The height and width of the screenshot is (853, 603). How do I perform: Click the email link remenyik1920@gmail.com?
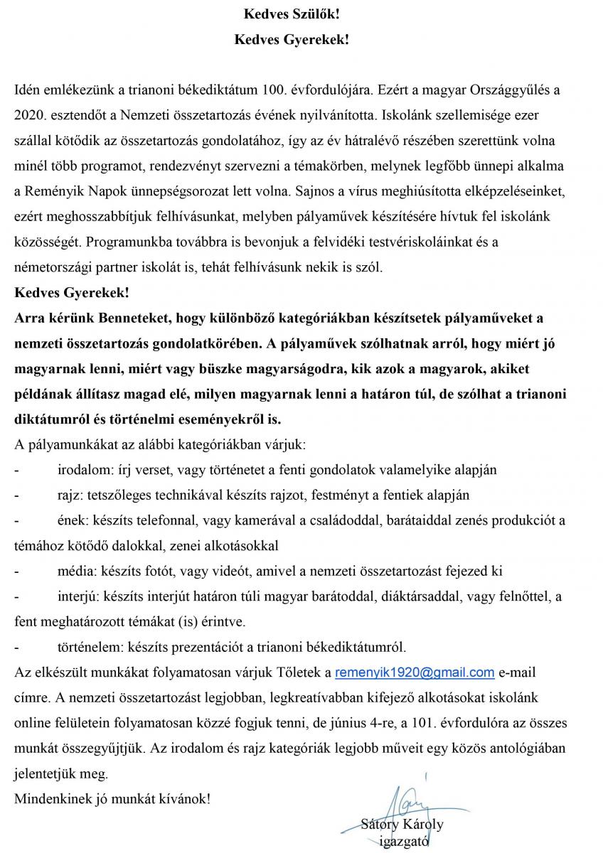click(x=415, y=672)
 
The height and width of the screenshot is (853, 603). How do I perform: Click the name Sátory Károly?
click(x=402, y=825)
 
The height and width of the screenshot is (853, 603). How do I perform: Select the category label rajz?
click(x=70, y=495)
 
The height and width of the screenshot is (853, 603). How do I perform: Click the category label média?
click(x=78, y=571)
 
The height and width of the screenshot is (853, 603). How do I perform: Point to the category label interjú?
click(x=79, y=596)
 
